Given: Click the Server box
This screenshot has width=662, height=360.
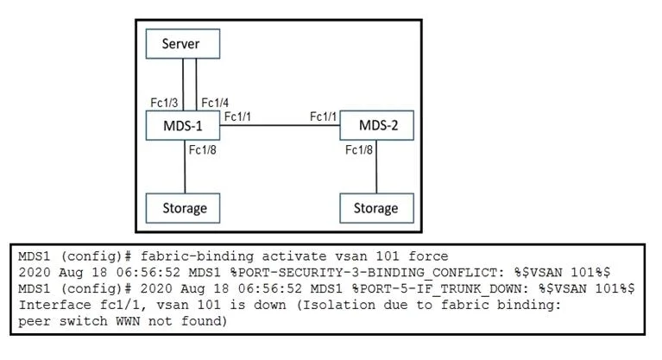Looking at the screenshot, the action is click(183, 43).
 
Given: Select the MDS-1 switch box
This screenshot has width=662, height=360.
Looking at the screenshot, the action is click(183, 125).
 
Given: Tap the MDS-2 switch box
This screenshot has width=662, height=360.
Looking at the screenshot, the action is click(376, 125).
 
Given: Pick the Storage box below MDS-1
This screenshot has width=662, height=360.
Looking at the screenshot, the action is click(183, 208).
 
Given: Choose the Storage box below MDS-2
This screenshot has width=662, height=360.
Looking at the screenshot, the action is click(376, 208).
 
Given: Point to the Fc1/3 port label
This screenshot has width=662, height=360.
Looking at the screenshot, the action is click(164, 103).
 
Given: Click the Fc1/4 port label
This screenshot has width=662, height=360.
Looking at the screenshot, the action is click(215, 103).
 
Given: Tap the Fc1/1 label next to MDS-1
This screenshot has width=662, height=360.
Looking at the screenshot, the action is click(237, 117).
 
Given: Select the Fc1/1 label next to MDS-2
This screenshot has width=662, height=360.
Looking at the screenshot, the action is click(324, 117).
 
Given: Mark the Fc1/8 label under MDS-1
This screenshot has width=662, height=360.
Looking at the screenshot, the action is click(203, 150).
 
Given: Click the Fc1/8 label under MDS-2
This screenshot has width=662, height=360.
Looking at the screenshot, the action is click(359, 150).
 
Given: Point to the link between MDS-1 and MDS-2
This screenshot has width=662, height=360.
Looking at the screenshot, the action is click(280, 125).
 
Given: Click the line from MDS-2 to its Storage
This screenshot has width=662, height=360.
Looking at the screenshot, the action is click(376, 167).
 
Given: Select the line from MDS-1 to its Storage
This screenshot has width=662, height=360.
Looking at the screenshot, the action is click(185, 167).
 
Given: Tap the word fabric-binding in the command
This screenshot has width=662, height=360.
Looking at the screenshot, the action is click(197, 256).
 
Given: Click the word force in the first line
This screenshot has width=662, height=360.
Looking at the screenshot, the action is click(428, 256).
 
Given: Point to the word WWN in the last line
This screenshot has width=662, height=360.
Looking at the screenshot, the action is click(128, 321).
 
